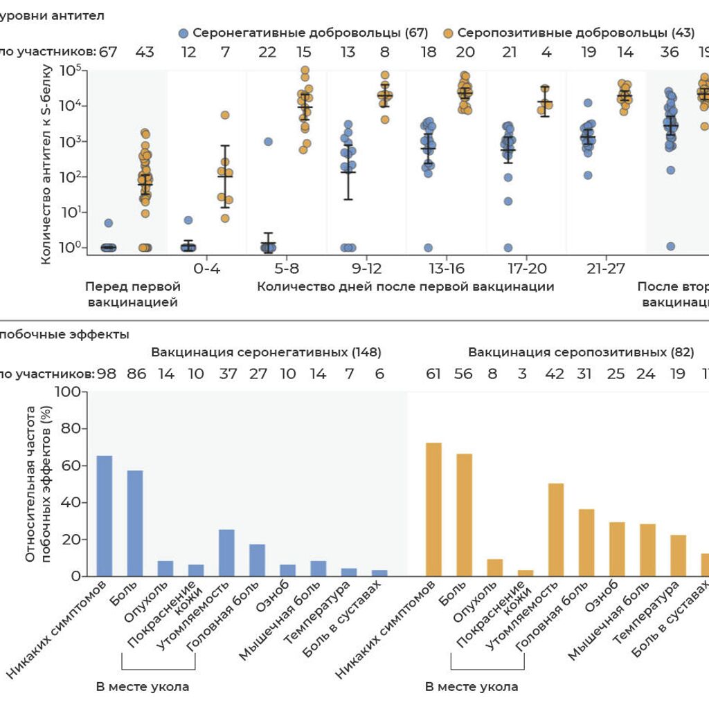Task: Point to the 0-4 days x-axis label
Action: pyautogui.click(x=207, y=268)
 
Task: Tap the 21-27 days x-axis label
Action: pyautogui.click(x=606, y=268)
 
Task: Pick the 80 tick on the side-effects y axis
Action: pyautogui.click(x=71, y=429)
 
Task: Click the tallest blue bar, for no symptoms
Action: pyautogui.click(x=105, y=515)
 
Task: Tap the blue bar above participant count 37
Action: pyautogui.click(x=226, y=553)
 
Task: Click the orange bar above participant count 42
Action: pyautogui.click(x=556, y=529)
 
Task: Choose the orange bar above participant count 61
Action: pyautogui.click(x=434, y=509)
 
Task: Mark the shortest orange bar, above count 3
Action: pyautogui.click(x=526, y=573)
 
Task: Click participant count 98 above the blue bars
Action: pyautogui.click(x=107, y=374)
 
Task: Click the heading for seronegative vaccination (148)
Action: pyautogui.click(x=267, y=352)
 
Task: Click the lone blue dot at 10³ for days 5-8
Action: pyautogui.click(x=268, y=141)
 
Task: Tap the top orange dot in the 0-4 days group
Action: pyautogui.click(x=225, y=115)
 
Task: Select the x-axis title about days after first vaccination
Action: pyautogui.click(x=405, y=286)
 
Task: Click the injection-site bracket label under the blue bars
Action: pyautogui.click(x=142, y=687)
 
